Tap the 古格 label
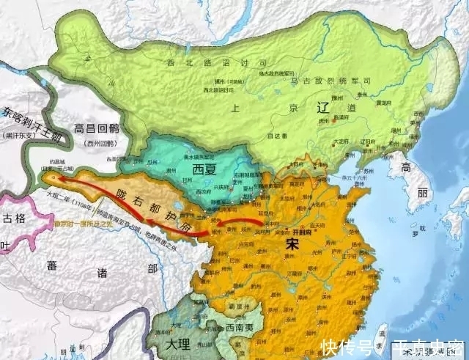pyautogui.click(x=14, y=218)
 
